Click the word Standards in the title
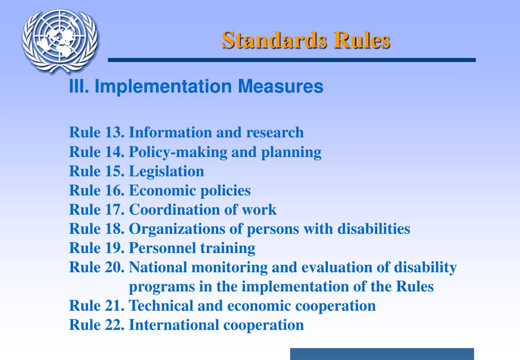pyautogui.click(x=273, y=40)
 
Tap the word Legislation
pyautogui.click(x=166, y=171)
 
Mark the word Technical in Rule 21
pyautogui.click(x=160, y=306)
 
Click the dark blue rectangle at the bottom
pyautogui.click(x=382, y=354)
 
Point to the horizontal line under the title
pyautogui.click(x=292, y=60)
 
